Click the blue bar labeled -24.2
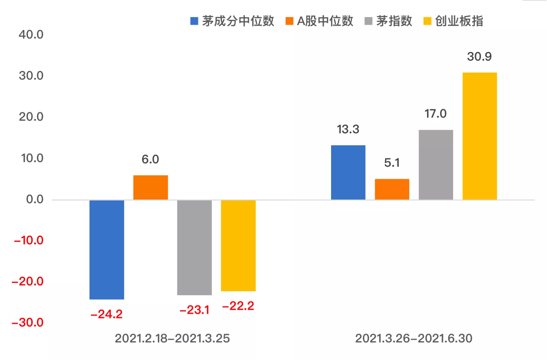coord(107,249)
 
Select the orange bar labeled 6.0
coord(150,187)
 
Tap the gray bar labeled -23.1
coord(194,247)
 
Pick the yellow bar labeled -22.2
coord(238,246)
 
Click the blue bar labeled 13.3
coord(348,172)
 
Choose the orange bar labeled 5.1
coord(392,189)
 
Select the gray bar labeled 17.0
coord(436,165)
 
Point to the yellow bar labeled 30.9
coord(479,136)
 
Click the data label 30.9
coord(479,57)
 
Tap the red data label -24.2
coord(107,314)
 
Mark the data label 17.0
coord(435,114)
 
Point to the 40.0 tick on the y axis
coord(31,35)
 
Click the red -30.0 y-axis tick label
coord(28,323)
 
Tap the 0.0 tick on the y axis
coord(35,199)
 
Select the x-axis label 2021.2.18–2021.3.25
coord(172,339)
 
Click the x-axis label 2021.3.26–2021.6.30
coord(413,339)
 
